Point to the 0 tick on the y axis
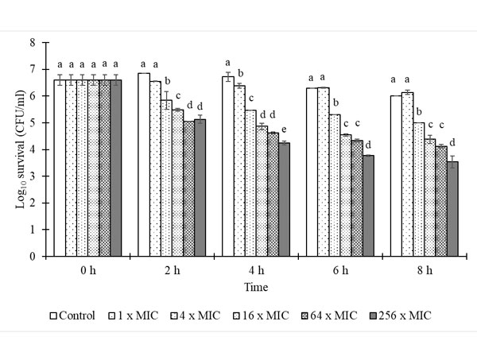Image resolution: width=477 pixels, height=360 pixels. click(x=33, y=257)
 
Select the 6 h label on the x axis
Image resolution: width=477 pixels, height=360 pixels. click(x=340, y=270)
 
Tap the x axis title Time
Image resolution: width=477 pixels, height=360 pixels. click(x=255, y=285)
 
